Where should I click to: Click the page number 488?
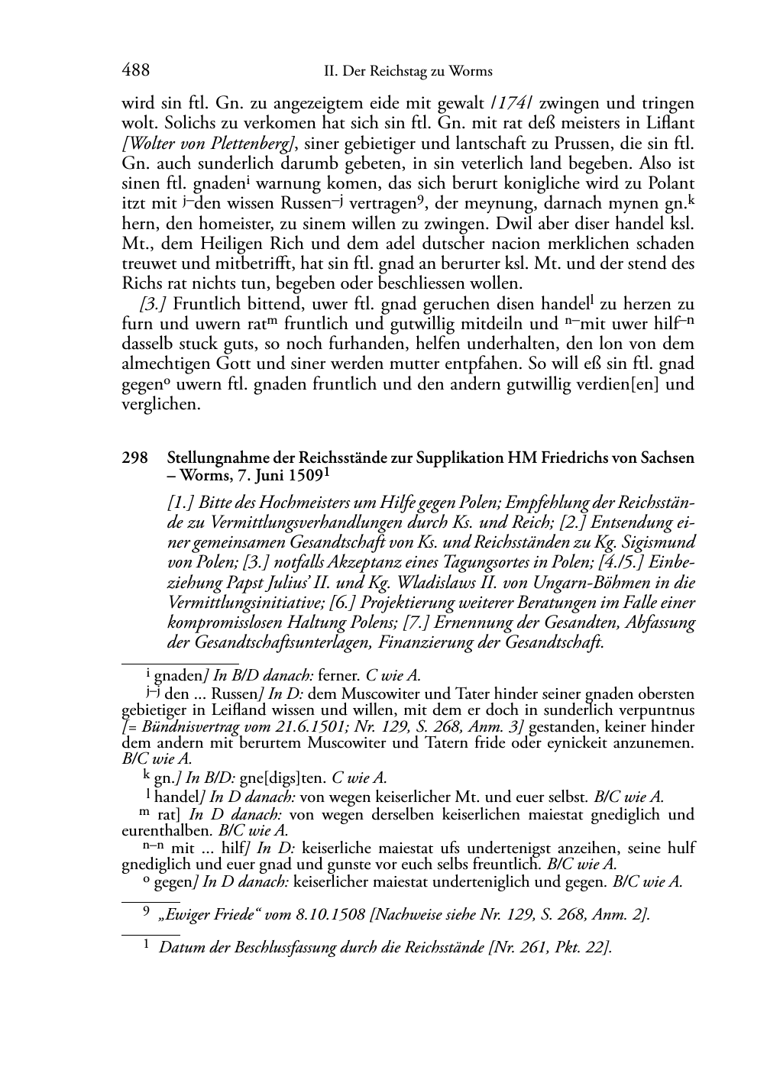pos(135,71)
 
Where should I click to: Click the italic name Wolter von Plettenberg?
pos(208,143)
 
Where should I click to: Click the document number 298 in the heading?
pos(134,458)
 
